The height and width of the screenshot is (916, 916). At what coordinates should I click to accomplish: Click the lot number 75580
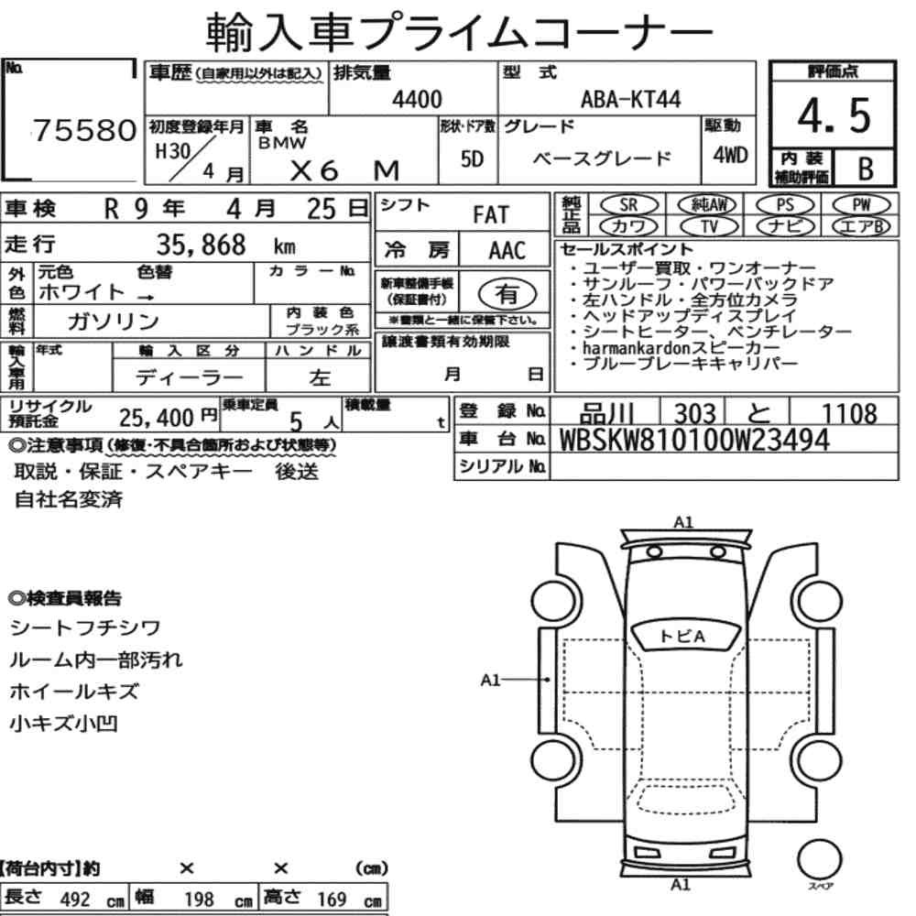[85, 130]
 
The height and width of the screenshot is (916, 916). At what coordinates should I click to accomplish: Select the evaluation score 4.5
[834, 115]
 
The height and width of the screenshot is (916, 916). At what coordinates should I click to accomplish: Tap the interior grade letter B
[866, 169]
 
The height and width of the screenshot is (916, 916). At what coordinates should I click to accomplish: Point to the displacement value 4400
[417, 99]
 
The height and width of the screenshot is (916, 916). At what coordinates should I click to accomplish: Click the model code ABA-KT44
[631, 99]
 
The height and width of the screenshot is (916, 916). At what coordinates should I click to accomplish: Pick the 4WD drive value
[730, 155]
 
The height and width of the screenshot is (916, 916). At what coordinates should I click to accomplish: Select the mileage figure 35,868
[201, 245]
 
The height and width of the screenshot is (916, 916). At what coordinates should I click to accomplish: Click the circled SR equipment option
[628, 204]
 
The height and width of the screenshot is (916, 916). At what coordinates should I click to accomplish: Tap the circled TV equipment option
[709, 226]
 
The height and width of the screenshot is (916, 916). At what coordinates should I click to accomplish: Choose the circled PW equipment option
[861, 204]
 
